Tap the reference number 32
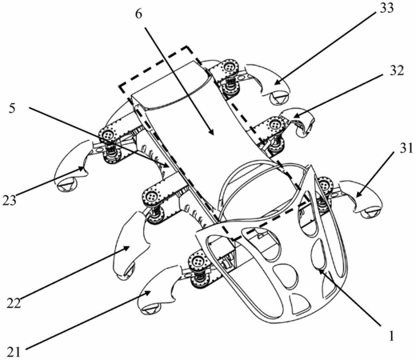[397, 70]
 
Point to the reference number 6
[138, 14]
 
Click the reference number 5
[12, 109]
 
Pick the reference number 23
[10, 200]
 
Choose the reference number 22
[14, 303]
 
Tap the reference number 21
[14, 353]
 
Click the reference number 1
[391, 336]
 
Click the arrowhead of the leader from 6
[211, 131]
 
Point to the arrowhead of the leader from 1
[320, 271]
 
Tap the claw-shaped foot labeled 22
[130, 246]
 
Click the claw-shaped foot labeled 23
[73, 166]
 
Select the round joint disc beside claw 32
[274, 124]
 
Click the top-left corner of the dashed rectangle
[120, 86]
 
